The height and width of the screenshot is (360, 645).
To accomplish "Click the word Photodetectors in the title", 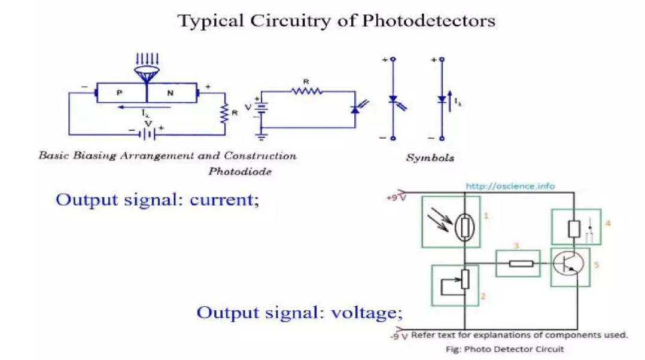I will point(428,21).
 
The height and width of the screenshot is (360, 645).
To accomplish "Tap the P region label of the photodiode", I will point(119,93).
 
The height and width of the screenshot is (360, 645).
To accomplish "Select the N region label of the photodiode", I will point(170,93).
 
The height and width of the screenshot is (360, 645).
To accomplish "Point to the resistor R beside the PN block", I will point(225,114).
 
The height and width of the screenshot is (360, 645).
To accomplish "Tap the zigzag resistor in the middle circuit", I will point(306,91).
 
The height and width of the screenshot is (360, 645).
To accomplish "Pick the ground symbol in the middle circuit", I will point(261,136).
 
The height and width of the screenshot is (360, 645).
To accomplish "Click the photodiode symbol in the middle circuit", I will point(357,109).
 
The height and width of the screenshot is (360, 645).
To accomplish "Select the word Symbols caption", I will point(430,158).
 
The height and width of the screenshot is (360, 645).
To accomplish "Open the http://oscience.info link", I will point(510,186).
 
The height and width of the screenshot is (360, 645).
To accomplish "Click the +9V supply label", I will point(396,197).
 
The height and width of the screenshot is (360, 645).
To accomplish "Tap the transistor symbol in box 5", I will point(567,263).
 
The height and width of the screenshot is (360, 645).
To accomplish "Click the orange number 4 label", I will point(607,224).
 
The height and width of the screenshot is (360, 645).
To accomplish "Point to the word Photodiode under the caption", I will point(240,172).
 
